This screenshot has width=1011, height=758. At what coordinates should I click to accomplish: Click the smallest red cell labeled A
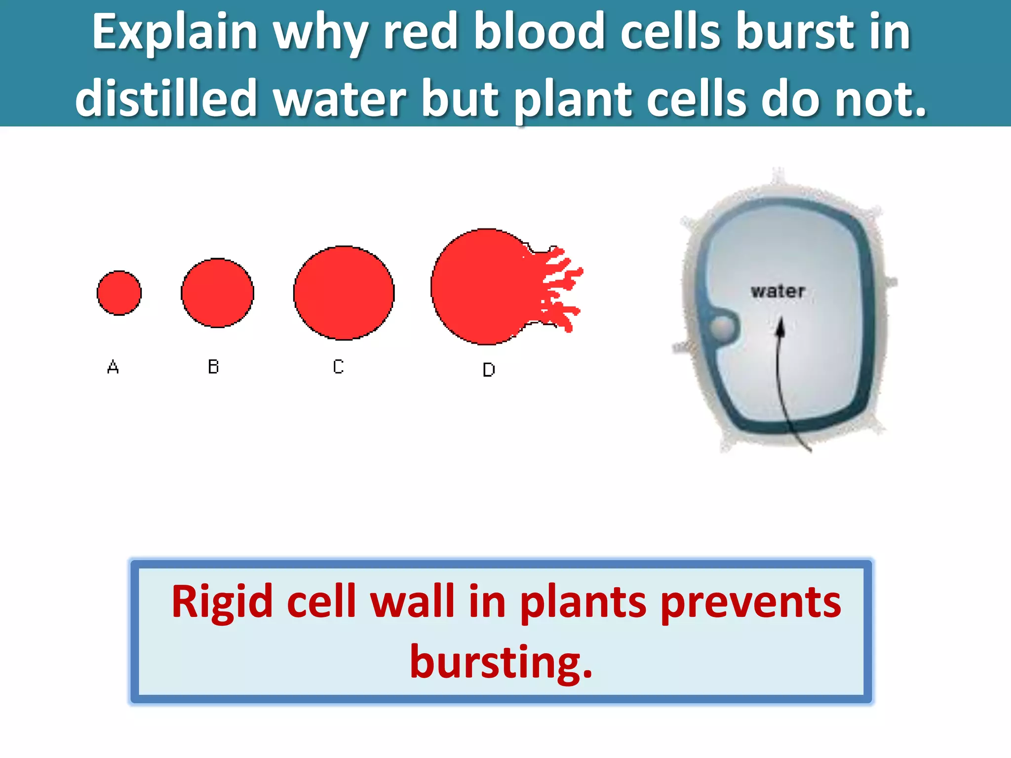tap(119, 293)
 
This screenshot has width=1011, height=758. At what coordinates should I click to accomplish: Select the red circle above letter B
tap(217, 293)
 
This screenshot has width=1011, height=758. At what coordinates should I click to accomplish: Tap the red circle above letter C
tap(344, 293)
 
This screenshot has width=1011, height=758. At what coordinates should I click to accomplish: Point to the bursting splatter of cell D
tap(558, 289)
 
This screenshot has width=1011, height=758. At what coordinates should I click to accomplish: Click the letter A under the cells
tap(113, 367)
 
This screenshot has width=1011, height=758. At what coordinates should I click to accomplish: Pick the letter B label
tap(213, 367)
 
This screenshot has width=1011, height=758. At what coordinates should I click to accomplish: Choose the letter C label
tap(338, 367)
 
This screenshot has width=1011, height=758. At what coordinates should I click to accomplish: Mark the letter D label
tap(489, 370)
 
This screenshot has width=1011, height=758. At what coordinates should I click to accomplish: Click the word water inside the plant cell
tap(778, 291)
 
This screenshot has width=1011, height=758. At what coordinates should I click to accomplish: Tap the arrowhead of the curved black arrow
tap(780, 327)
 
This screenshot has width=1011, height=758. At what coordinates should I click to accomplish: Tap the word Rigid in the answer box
tap(222, 602)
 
